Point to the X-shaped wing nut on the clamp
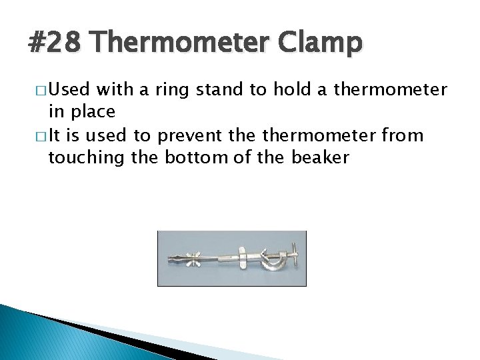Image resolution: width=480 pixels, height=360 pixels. point(197,258)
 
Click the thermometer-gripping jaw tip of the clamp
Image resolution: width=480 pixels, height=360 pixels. point(173,257)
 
